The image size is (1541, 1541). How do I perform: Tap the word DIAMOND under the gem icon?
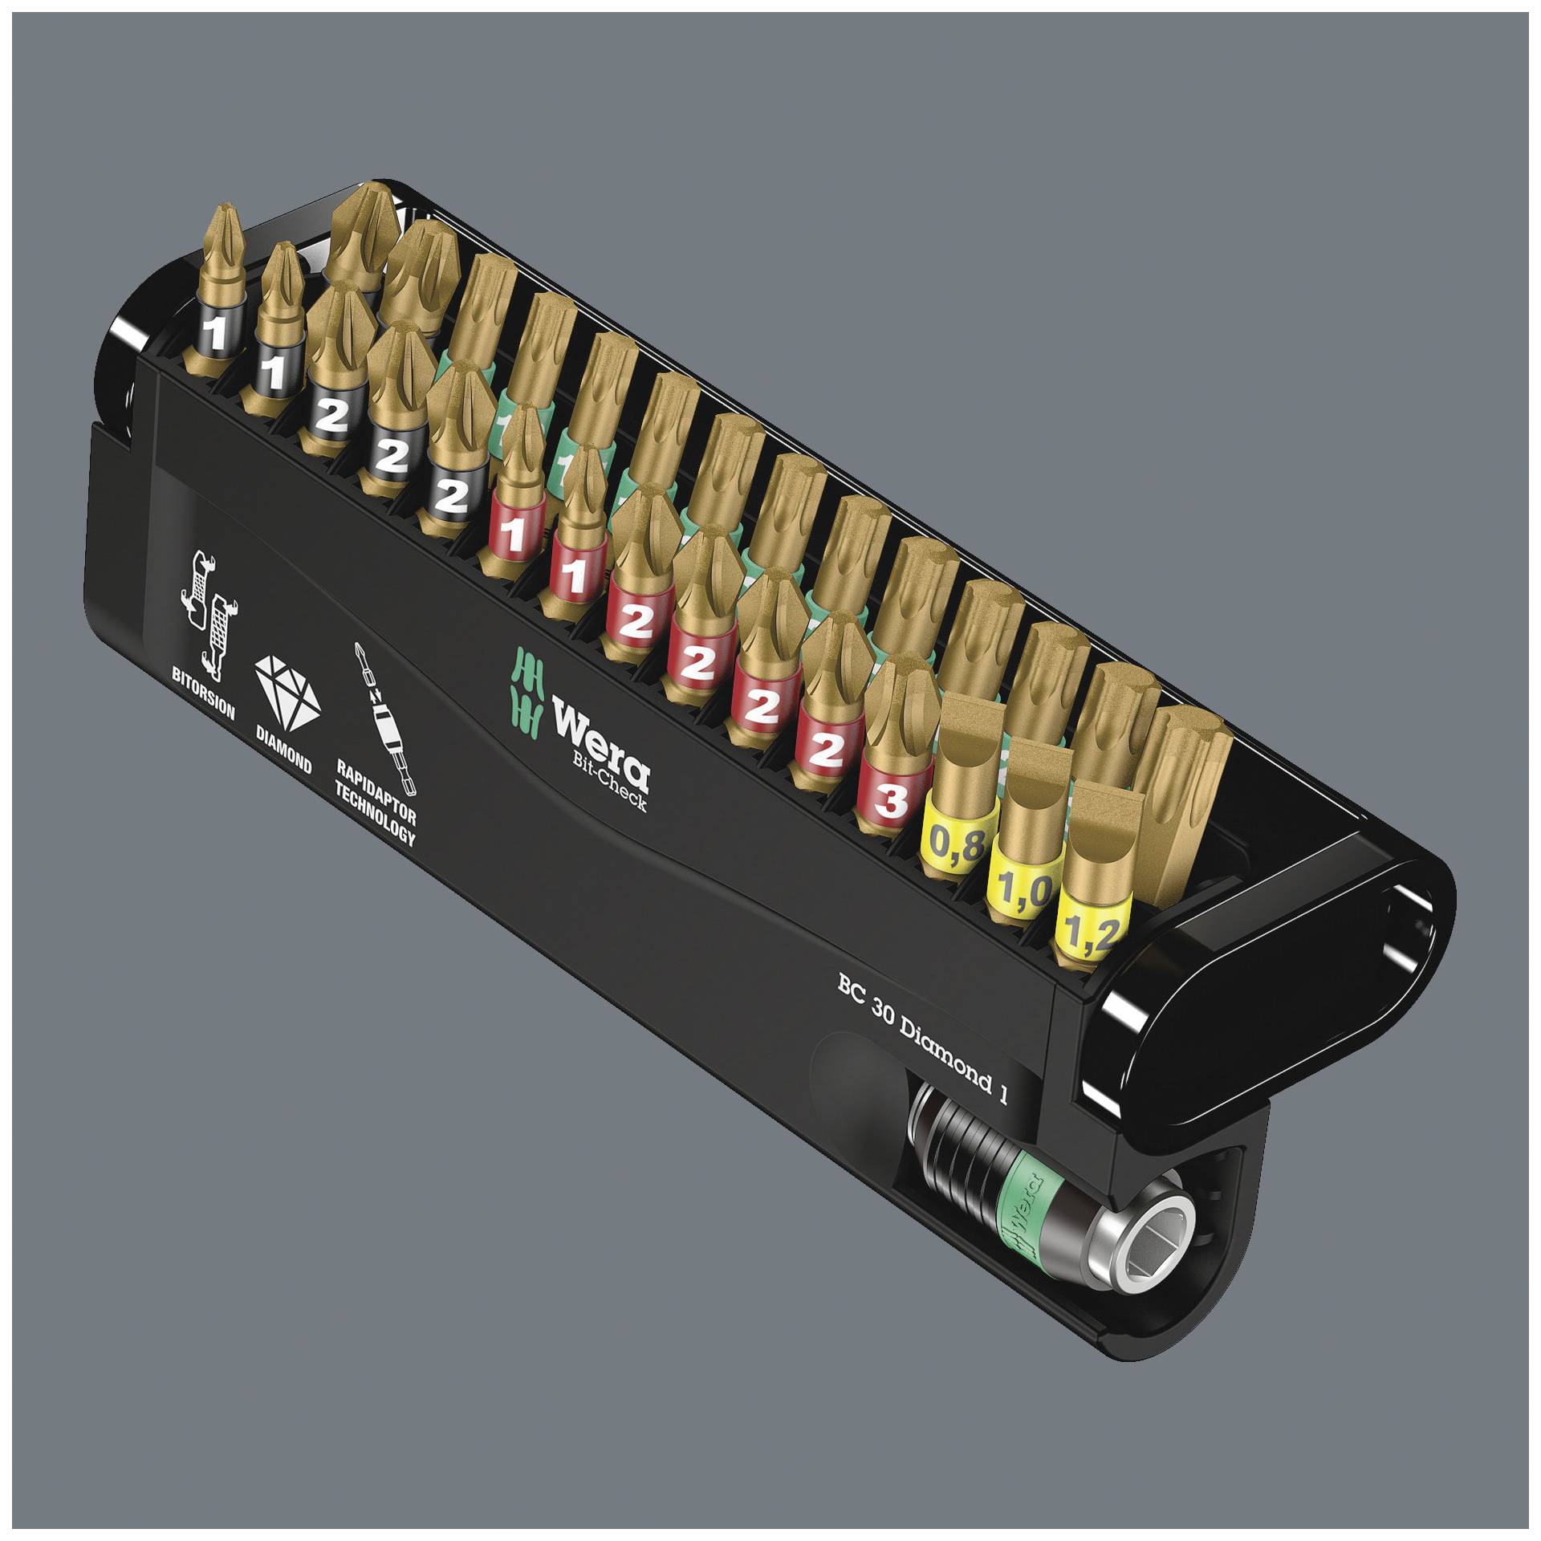click(283, 753)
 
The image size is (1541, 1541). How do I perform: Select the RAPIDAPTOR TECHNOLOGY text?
click(376, 806)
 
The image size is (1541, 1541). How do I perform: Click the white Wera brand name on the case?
click(600, 743)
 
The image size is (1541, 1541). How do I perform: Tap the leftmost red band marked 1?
click(514, 535)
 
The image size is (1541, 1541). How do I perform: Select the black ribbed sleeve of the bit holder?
click(957, 1148)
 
